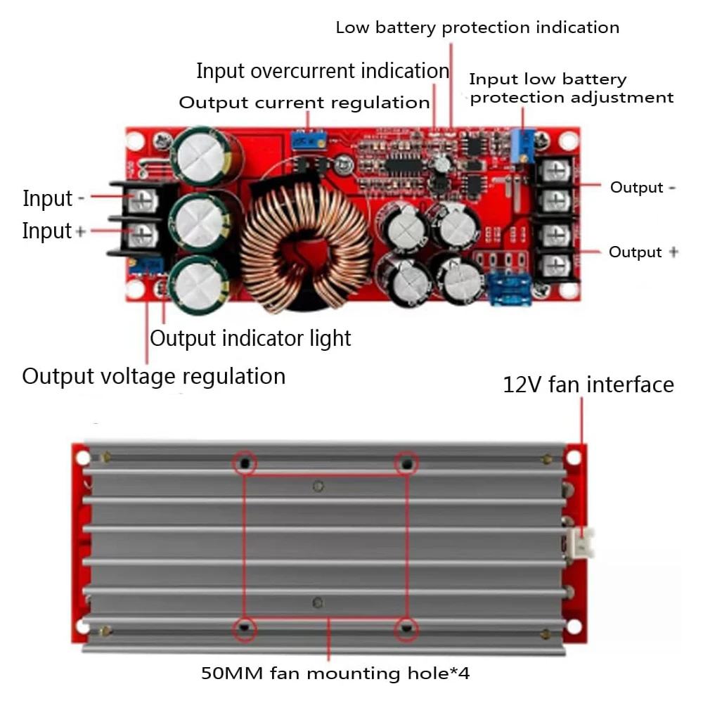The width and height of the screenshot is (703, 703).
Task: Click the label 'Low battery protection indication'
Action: coord(477,28)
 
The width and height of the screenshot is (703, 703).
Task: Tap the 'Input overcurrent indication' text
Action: coord(323,71)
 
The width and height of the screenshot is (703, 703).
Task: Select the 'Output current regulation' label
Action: coord(304,103)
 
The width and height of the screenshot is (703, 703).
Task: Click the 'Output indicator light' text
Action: coord(250,338)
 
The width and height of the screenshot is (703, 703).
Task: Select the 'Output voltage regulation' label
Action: coord(154,376)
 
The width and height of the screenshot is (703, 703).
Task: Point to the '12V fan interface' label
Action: coord(588,385)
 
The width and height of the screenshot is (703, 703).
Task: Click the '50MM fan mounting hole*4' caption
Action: coord(335,673)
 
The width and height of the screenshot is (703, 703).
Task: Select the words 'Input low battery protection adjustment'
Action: coord(571,89)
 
